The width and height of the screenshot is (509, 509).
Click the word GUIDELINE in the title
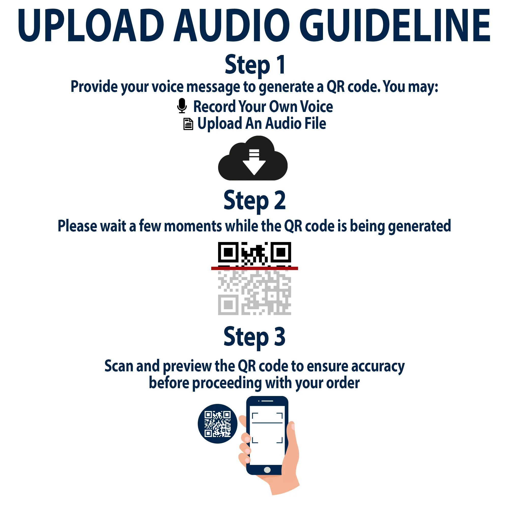(394, 25)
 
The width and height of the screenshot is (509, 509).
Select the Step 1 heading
(255, 65)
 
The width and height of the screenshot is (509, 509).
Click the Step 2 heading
(254, 201)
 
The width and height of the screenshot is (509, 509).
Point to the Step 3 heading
(254, 337)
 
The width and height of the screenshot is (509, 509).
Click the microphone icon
(182, 106)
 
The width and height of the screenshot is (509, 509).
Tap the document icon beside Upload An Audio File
(188, 124)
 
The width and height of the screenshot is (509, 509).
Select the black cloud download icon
(253, 158)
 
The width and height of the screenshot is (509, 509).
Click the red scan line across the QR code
(254, 268)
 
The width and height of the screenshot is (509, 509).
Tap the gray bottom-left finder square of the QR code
(228, 305)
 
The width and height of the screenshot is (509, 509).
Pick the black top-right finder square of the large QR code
(281, 252)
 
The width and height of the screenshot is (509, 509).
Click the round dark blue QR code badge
(218, 424)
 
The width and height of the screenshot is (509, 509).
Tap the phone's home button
(267, 470)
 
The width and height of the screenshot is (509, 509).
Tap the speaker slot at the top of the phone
(267, 401)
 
